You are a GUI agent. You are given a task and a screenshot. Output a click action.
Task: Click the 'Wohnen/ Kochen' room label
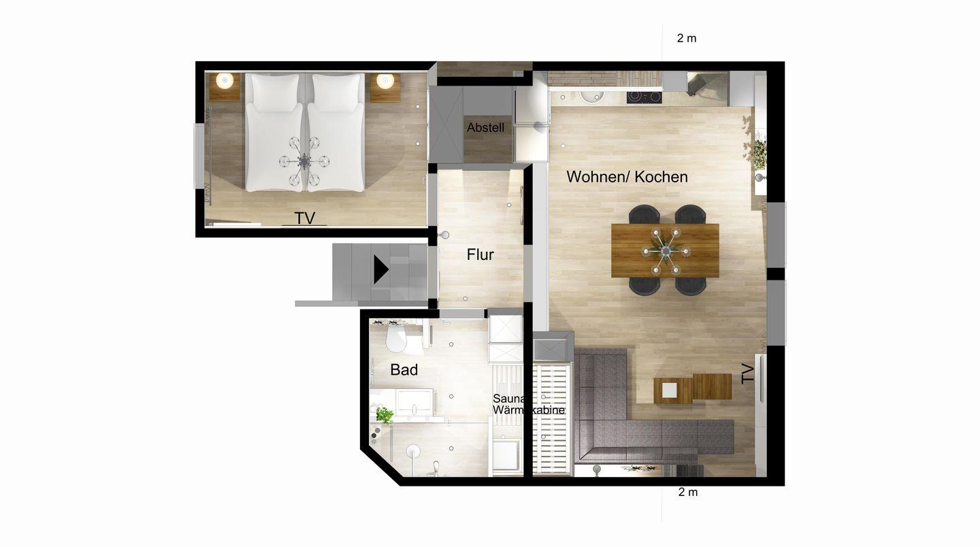click(x=627, y=177)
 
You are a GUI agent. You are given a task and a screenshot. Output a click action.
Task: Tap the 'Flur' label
click(x=480, y=254)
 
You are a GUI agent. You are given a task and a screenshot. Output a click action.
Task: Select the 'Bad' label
click(x=404, y=370)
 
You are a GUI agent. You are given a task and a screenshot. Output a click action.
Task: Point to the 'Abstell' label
click(x=485, y=128)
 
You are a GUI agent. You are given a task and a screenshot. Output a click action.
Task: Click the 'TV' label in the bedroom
click(x=304, y=218)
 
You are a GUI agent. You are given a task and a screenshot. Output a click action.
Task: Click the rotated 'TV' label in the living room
click(x=748, y=374)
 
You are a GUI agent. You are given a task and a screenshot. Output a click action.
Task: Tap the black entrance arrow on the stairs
click(x=381, y=269)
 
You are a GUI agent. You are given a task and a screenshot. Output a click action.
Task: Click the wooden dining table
click(x=665, y=250)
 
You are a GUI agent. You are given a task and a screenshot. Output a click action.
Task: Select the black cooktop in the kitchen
click(x=644, y=97)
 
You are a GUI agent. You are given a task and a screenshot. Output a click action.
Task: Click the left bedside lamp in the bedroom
click(x=225, y=80)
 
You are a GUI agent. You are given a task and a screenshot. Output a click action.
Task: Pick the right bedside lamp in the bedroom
click(x=385, y=80)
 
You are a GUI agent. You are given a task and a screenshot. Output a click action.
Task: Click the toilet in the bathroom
click(x=397, y=338)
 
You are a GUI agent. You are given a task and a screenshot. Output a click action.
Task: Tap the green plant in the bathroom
click(x=384, y=415)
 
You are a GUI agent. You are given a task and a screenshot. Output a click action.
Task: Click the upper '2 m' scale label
click(x=687, y=39)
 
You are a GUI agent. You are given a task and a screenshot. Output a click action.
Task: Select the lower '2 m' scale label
click(x=688, y=493)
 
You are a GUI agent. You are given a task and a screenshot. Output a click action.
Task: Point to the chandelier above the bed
click(x=304, y=161)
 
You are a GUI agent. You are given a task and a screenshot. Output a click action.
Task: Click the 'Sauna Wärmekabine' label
click(x=528, y=404)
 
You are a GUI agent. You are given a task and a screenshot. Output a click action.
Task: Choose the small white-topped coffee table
click(x=669, y=390)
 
